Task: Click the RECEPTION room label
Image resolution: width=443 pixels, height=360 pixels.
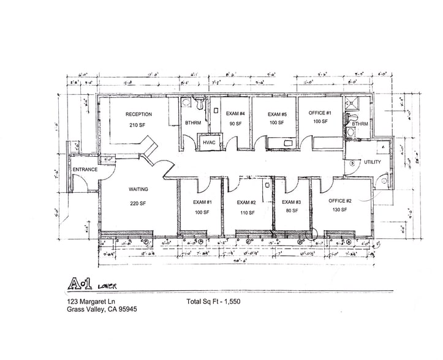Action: (x=138, y=114)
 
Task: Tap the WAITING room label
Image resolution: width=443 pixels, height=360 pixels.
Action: (x=138, y=189)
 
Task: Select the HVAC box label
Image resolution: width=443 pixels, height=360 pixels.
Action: (x=208, y=143)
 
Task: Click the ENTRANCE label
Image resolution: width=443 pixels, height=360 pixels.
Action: (x=85, y=170)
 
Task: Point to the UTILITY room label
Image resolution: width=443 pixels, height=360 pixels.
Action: (x=373, y=162)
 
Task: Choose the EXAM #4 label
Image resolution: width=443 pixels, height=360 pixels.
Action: (x=235, y=114)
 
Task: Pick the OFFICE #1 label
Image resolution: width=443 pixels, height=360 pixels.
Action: (x=320, y=113)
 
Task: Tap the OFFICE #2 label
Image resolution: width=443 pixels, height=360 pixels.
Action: (x=339, y=201)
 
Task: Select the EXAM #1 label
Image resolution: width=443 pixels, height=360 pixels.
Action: (x=202, y=202)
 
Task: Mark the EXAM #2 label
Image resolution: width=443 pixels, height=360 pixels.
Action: (x=246, y=202)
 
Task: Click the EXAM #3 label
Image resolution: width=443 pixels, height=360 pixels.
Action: (x=292, y=202)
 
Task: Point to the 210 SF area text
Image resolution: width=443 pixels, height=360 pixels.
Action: (x=137, y=125)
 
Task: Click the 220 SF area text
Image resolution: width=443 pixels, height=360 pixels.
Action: (x=137, y=203)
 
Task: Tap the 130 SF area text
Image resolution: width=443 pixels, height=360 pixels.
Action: (x=339, y=210)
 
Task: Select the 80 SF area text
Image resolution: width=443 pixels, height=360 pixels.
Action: (x=292, y=211)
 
